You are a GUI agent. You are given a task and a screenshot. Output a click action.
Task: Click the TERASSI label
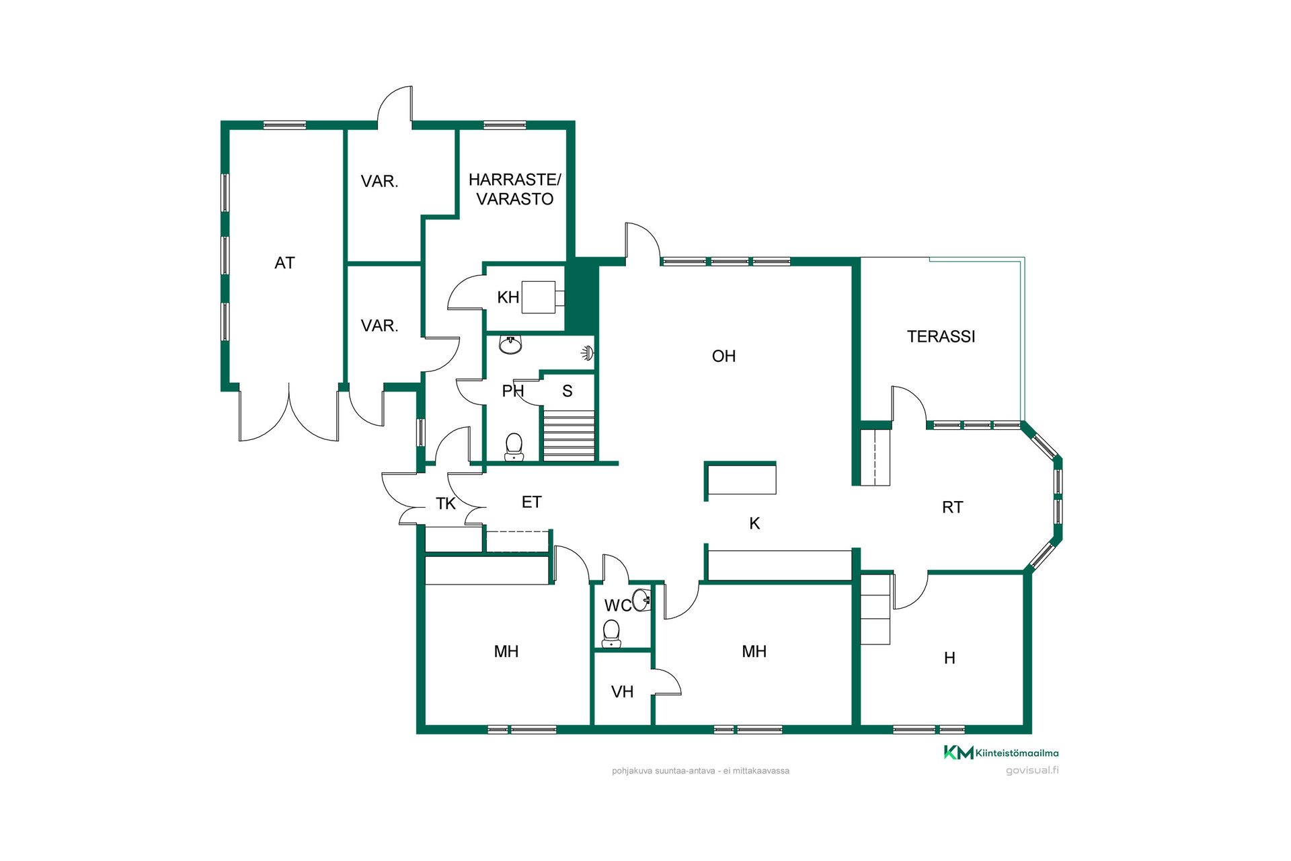[941, 336]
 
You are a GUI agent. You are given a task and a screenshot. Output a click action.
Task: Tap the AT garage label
[284, 263]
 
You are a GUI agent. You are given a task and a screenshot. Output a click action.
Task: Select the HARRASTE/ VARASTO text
[514, 189]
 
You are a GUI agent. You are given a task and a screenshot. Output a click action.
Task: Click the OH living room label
[723, 356]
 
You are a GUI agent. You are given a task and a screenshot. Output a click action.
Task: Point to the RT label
[952, 507]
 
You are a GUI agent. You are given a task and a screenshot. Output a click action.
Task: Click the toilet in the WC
[611, 634]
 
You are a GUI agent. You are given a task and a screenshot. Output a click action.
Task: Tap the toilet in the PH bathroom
[514, 447]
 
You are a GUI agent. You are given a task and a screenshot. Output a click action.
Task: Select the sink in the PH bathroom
[510, 345]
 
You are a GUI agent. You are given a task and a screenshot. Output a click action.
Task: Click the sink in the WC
[641, 599]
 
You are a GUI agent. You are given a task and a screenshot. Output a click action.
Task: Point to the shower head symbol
[588, 352]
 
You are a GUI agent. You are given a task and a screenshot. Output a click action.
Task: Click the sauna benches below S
[569, 435]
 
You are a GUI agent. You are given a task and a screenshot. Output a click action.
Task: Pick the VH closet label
[622, 691]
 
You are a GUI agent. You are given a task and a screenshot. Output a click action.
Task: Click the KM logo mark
[958, 753]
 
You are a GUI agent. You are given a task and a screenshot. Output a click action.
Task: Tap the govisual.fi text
[1032, 770]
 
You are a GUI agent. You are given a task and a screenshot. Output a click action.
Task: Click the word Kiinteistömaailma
[1017, 753]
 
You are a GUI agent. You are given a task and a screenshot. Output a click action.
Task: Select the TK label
[445, 503]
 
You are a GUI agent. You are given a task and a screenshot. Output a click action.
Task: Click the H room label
[949, 658]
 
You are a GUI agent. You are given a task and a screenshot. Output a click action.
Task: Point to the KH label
[508, 297]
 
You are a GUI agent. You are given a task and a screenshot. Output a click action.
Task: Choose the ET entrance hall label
[531, 502]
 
